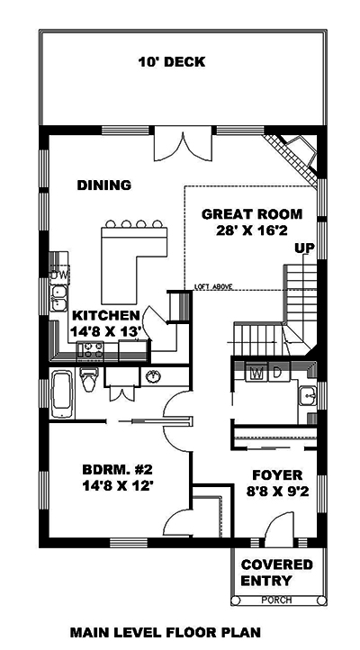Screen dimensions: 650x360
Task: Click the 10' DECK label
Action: [171, 62]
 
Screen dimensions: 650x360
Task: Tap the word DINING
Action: [103, 185]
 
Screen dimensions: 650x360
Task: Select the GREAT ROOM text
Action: [252, 213]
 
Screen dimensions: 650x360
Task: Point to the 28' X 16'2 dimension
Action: [252, 230]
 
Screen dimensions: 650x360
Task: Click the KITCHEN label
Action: [106, 315]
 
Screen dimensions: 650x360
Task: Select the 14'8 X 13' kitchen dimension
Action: [106, 331]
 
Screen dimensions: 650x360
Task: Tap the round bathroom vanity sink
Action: [153, 375]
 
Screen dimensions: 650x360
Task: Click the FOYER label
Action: [276, 475]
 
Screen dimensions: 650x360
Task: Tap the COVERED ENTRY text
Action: [277, 573]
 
